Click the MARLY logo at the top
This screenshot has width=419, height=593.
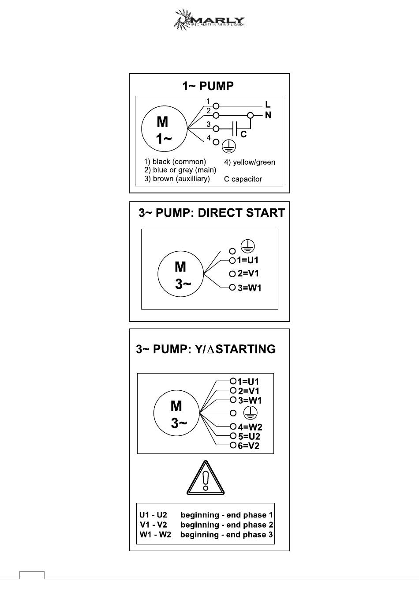click(209, 20)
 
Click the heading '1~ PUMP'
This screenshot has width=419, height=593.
click(208, 86)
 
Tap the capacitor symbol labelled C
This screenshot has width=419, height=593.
click(235, 128)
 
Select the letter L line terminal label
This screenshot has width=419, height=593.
click(268, 105)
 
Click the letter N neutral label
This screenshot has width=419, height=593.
click(268, 115)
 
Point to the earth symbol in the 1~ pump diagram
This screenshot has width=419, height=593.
click(229, 146)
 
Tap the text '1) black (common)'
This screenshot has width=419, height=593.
click(175, 162)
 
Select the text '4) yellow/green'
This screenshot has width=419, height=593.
click(249, 162)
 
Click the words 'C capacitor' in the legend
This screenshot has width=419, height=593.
click(243, 179)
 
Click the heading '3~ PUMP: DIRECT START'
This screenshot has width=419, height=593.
click(212, 213)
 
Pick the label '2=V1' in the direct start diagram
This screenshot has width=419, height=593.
click(248, 274)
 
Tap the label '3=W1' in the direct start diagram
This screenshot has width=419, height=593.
click(250, 288)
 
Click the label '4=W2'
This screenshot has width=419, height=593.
click(250, 427)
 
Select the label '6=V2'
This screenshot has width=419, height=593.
click(249, 446)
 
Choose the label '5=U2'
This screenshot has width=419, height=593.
click(249, 436)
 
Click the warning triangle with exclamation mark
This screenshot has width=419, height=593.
click(206, 478)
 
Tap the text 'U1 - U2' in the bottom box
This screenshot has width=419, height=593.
click(153, 515)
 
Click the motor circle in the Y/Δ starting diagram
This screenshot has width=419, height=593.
click(176, 414)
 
